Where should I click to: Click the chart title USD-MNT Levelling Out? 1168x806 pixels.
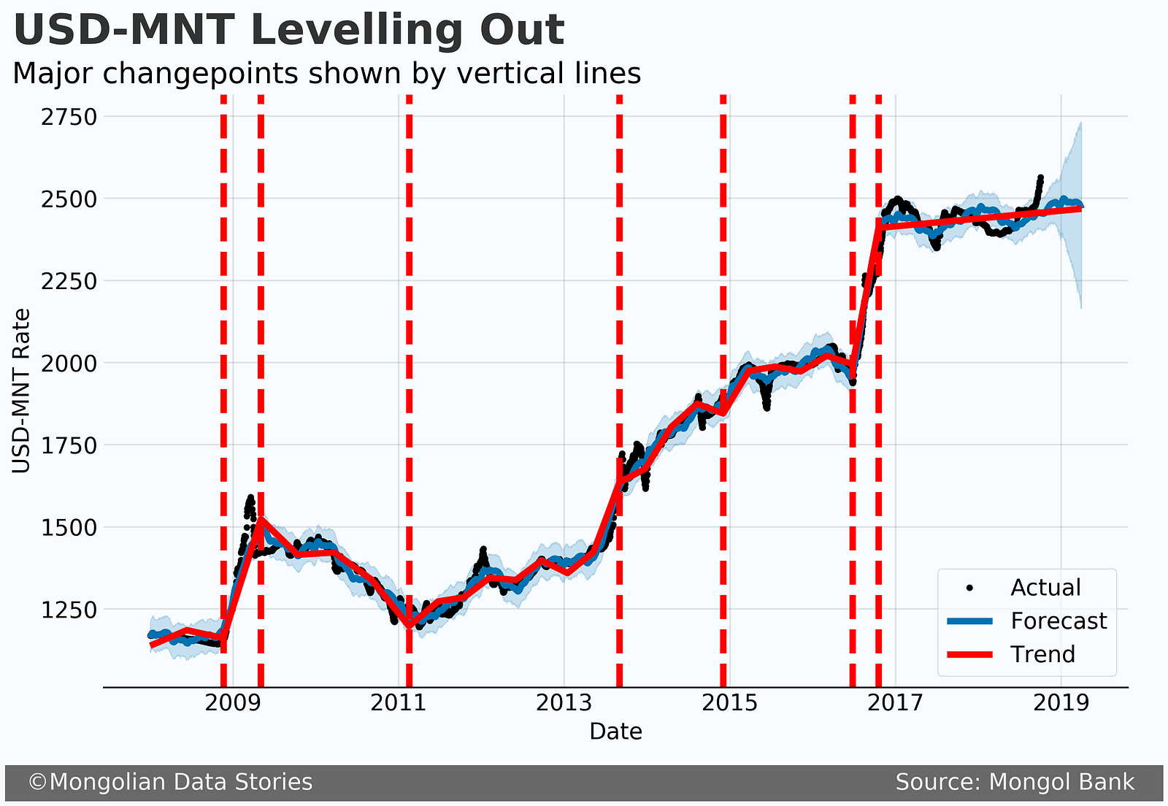288,31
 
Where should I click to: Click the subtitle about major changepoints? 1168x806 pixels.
326,74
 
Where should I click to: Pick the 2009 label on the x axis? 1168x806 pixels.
233,704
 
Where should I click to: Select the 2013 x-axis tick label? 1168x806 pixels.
564,704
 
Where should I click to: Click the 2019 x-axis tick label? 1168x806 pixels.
1061,704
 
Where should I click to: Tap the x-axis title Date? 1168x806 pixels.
615,732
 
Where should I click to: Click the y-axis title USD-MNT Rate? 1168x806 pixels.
23,391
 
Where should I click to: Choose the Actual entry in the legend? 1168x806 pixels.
1045,588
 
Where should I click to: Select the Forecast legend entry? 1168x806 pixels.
1058,621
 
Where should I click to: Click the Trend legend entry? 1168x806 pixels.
1042,654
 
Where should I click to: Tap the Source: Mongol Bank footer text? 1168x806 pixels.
1015,783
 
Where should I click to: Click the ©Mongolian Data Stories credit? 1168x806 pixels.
170,783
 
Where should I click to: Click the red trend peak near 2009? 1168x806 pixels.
261,520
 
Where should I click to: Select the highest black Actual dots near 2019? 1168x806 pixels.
1040,177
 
